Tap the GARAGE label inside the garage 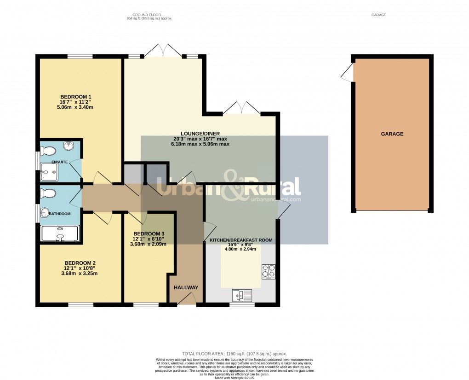[392, 134]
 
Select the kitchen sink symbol [242, 295]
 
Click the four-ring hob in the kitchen [269, 271]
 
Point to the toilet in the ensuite [47, 151]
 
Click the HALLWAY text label [186, 287]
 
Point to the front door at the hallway [186, 300]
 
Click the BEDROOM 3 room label [149, 234]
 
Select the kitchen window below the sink [242, 304]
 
